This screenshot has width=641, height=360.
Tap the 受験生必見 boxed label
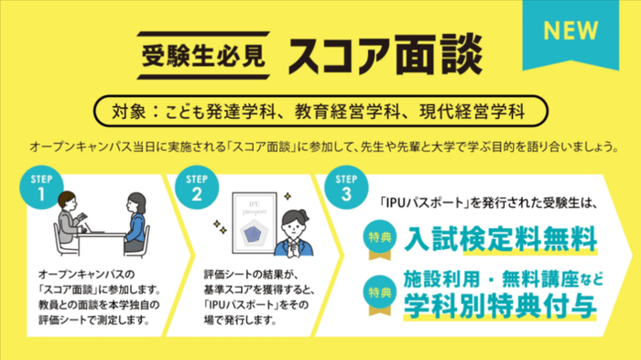point(204,56)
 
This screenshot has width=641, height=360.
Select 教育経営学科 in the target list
point(348,114)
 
